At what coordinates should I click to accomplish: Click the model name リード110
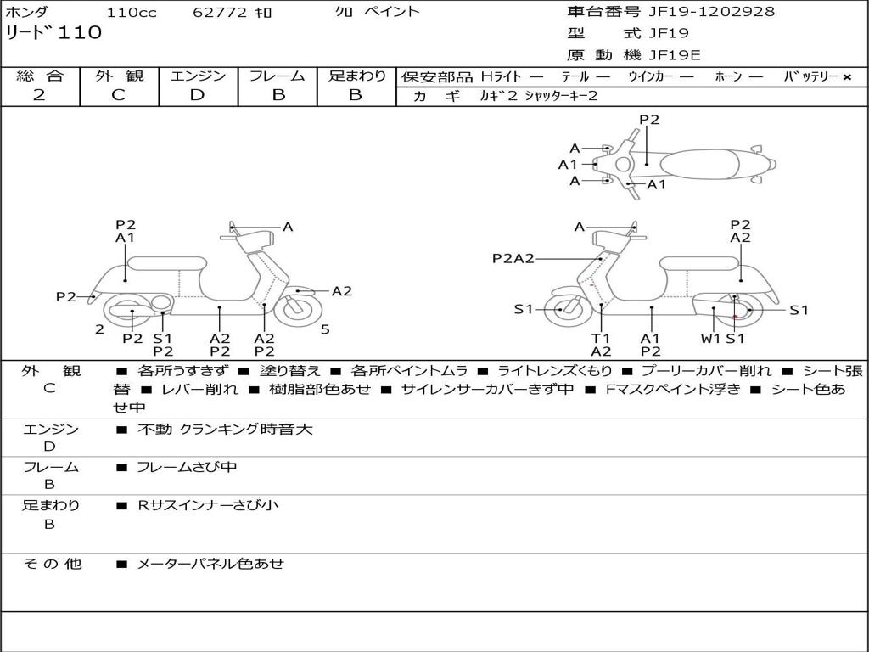point(53,33)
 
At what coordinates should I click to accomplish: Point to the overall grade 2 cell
point(39,95)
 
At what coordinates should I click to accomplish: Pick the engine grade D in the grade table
point(197,95)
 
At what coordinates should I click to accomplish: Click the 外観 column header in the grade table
point(119,76)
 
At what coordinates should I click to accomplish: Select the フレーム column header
point(278,76)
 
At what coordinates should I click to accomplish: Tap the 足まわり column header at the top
point(356,76)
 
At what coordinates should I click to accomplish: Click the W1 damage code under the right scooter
point(709,338)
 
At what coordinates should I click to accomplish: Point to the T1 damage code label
point(601,338)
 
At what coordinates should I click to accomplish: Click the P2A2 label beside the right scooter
point(513,258)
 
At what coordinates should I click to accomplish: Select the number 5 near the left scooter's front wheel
point(326,329)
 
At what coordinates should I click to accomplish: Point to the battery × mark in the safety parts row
point(846,77)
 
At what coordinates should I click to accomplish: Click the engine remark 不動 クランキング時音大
point(225,430)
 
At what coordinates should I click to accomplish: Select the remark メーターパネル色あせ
point(210,564)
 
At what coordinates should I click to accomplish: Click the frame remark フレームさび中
point(187,467)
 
